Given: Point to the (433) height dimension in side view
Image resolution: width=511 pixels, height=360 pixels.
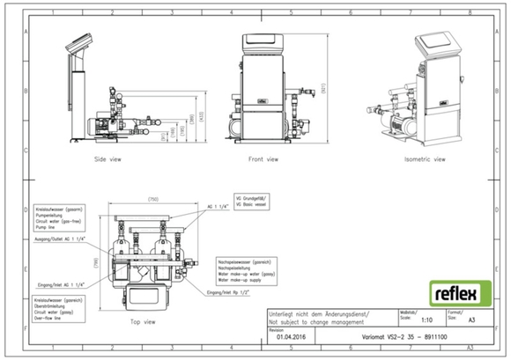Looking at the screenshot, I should click(x=201, y=114).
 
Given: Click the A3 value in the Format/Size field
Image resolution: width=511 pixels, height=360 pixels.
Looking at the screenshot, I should click(x=471, y=322).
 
